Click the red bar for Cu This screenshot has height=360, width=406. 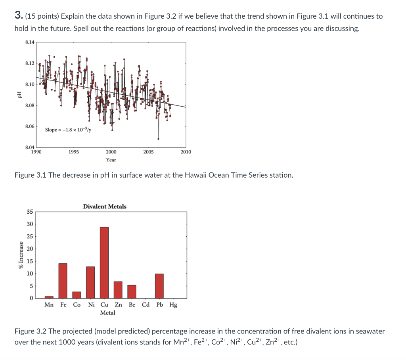104,262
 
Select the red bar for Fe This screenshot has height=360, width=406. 63,281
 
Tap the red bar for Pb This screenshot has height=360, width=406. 159,286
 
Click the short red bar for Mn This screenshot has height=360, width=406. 49,297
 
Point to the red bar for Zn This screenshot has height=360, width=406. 118,290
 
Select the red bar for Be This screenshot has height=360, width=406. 132,291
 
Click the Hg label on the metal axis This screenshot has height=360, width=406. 173,305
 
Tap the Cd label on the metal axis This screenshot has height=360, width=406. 146,305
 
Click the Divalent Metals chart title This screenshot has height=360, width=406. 105,207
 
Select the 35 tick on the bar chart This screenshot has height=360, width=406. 30,212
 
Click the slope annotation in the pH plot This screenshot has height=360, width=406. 68,130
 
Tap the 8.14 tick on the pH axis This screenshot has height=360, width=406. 29,42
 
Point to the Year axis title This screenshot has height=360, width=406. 111,160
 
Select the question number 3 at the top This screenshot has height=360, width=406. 18,16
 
